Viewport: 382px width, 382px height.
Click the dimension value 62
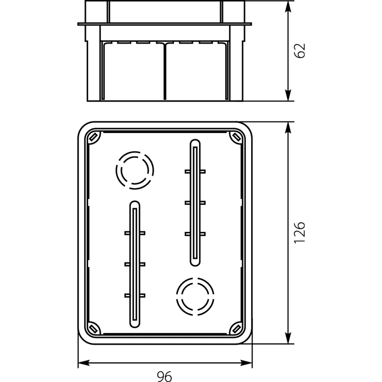[x=300, y=51]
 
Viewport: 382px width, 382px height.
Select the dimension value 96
[x=164, y=376]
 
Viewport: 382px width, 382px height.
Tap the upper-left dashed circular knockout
[x=135, y=170]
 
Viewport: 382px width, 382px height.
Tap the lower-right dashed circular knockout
[x=195, y=296]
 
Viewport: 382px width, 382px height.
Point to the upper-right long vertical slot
[x=195, y=202]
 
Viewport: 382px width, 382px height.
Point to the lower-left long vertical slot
[x=135, y=264]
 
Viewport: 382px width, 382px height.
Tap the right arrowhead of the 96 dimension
[x=246, y=363]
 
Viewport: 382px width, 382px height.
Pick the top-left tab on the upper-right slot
[x=187, y=172]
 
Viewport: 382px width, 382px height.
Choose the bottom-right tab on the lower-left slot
[x=142, y=295]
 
